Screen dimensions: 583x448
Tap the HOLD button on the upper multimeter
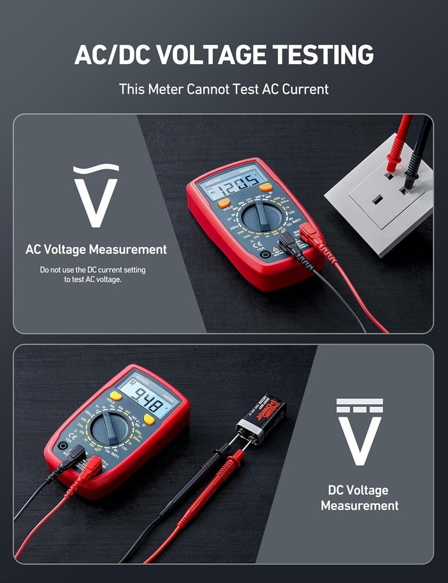[x=224, y=203]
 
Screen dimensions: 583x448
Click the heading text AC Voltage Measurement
[x=96, y=250]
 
